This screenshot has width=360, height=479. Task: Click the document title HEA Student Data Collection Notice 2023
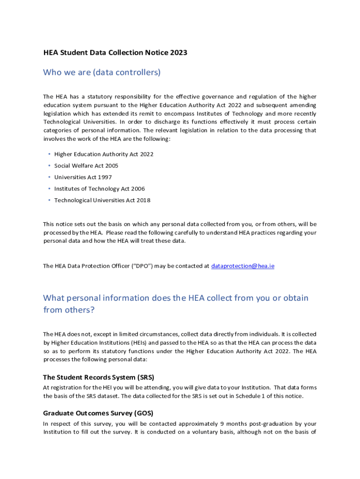115,53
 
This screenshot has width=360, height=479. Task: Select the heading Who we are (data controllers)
102,72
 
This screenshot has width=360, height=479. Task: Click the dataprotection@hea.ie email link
243,266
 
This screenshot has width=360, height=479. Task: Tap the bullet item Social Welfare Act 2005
86,166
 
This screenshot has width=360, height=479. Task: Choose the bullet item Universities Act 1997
83,177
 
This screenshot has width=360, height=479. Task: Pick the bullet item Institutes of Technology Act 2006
100,189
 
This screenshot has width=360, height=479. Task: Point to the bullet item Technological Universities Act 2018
102,200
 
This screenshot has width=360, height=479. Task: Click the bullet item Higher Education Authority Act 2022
104,154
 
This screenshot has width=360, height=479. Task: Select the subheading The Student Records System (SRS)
99,377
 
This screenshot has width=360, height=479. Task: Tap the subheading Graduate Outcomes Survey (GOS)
98,413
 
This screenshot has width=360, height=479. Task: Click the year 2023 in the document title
179,53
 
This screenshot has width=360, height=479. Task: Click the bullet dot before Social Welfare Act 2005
49,166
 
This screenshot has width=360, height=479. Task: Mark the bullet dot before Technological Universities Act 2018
49,200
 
